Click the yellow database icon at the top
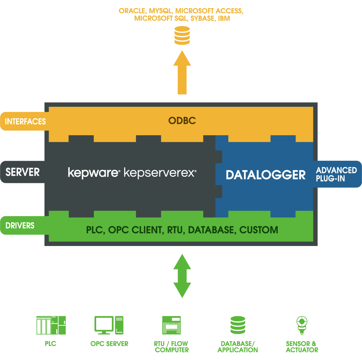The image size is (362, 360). (x=182, y=36)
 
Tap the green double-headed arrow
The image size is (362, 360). (x=182, y=276)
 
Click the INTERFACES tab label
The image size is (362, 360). (x=25, y=122)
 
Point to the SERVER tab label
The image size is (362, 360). (x=23, y=172)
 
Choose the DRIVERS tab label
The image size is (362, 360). (x=20, y=226)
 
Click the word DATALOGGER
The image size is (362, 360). (x=266, y=175)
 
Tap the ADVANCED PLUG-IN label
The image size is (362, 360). (x=336, y=174)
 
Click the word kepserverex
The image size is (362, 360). (x=160, y=172)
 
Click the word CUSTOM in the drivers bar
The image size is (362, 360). (x=259, y=230)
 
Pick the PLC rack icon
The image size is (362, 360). (x=51, y=325)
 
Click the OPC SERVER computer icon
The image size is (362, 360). (x=109, y=325)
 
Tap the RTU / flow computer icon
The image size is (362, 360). (x=172, y=325)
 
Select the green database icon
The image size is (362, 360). (x=238, y=325)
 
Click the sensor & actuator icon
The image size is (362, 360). (x=302, y=324)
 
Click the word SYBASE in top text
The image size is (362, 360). (x=202, y=19)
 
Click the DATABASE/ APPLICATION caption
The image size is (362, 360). (x=238, y=347)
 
